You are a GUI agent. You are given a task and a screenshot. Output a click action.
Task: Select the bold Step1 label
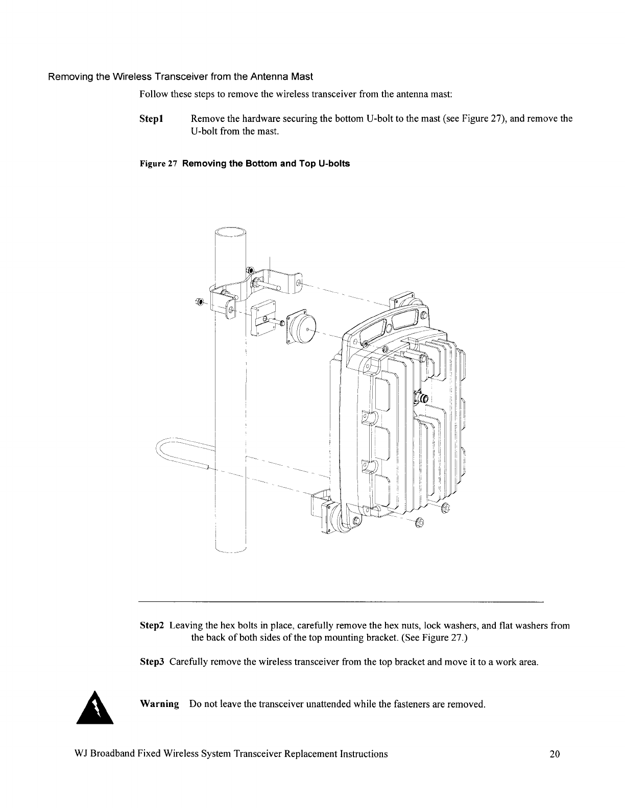[151, 119]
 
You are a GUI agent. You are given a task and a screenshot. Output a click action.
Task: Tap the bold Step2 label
[152, 625]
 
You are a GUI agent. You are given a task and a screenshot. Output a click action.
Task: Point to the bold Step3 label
[152, 662]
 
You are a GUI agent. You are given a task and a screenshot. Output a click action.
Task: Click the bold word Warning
[159, 704]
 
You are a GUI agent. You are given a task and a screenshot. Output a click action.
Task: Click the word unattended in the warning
[311, 704]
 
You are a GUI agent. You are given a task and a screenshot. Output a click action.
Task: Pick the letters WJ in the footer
[81, 754]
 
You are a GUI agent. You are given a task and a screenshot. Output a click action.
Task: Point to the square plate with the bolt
[263, 316]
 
